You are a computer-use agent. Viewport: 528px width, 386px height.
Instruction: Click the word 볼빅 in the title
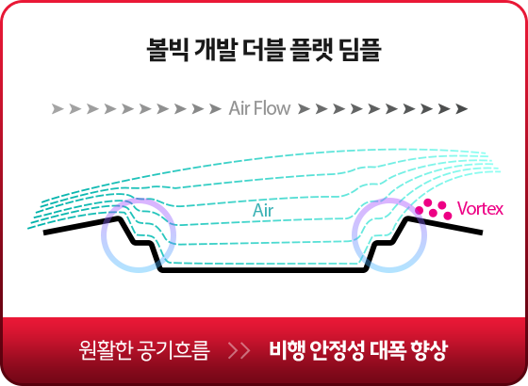[x=168, y=50]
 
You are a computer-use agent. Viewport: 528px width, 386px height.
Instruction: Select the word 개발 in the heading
[x=216, y=50]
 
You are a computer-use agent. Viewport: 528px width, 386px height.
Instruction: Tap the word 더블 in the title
[x=264, y=50]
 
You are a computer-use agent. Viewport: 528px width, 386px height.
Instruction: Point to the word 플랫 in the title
[x=312, y=50]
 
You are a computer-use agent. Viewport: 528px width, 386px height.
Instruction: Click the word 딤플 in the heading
[x=360, y=50]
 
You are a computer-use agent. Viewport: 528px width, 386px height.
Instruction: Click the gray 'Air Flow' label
[x=259, y=108]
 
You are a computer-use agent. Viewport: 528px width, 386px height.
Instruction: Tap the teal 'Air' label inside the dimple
[x=263, y=211]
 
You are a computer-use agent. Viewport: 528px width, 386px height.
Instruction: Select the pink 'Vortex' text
[x=480, y=209]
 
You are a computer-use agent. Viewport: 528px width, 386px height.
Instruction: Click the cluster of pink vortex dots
[x=434, y=209]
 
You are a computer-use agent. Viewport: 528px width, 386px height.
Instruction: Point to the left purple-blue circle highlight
[x=103, y=235]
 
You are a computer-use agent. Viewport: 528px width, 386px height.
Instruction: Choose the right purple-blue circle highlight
[x=354, y=235]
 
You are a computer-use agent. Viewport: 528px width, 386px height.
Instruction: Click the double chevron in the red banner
[x=239, y=350]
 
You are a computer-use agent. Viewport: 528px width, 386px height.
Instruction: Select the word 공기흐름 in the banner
[x=173, y=350]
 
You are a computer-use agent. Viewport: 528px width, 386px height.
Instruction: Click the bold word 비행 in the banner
[x=287, y=350]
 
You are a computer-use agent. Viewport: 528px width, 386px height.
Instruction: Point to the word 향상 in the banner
[x=429, y=350]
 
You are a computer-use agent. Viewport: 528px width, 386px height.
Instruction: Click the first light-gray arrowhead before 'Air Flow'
[x=58, y=109]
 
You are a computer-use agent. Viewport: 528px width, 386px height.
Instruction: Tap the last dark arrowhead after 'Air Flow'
[x=462, y=109]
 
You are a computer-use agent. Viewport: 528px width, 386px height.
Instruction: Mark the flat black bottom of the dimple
[x=263, y=269]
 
